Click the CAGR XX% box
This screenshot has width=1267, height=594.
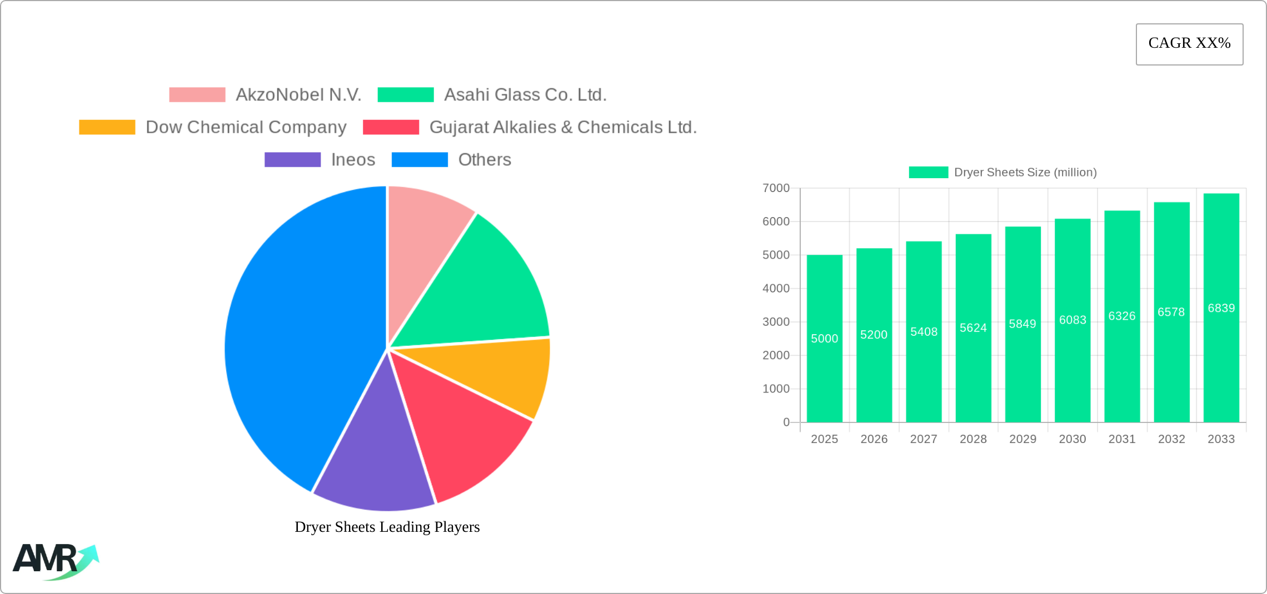[x=1189, y=44]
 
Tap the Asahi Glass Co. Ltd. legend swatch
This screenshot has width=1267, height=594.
[x=405, y=95]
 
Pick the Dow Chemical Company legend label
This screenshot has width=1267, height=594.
[x=246, y=127]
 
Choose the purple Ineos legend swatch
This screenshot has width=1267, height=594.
[x=292, y=160]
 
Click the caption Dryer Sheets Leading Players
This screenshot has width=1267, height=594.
[x=387, y=527]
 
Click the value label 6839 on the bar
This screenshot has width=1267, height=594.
[x=1221, y=308]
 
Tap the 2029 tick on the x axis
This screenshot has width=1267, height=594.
[x=1022, y=439]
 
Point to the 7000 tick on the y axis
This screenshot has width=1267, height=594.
[x=776, y=188]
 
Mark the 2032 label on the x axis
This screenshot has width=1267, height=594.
[x=1171, y=439]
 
